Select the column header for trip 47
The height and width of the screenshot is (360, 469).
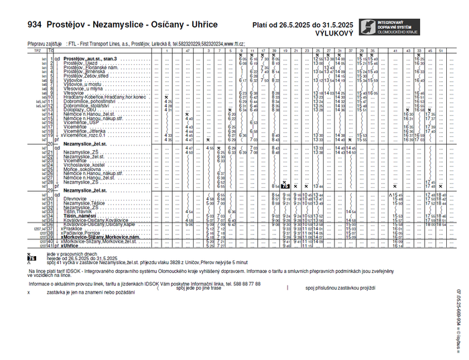point(189,50)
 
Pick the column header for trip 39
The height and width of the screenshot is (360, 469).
point(275,50)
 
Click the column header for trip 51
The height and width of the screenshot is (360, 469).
point(441,50)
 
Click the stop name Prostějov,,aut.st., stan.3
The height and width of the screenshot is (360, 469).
point(90,59)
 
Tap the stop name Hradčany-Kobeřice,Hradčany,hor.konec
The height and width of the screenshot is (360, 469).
point(104,97)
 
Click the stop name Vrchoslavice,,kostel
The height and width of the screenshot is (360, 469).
point(84,164)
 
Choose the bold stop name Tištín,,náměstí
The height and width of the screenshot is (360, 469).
point(80,215)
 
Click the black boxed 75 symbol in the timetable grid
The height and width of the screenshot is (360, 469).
point(285,186)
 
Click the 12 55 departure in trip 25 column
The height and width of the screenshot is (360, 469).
point(318,59)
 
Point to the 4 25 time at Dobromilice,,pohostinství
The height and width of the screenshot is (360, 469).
point(168,101)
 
